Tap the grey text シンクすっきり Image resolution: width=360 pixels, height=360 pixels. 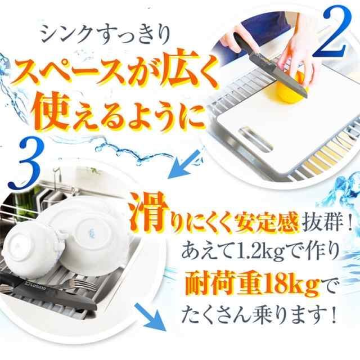(106, 34)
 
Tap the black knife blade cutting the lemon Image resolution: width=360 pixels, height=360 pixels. (276, 73)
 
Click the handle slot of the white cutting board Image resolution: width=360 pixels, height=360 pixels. (256, 139)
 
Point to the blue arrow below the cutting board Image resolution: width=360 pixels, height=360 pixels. (184, 164)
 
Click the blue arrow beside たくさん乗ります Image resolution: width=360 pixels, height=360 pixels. (150, 317)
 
